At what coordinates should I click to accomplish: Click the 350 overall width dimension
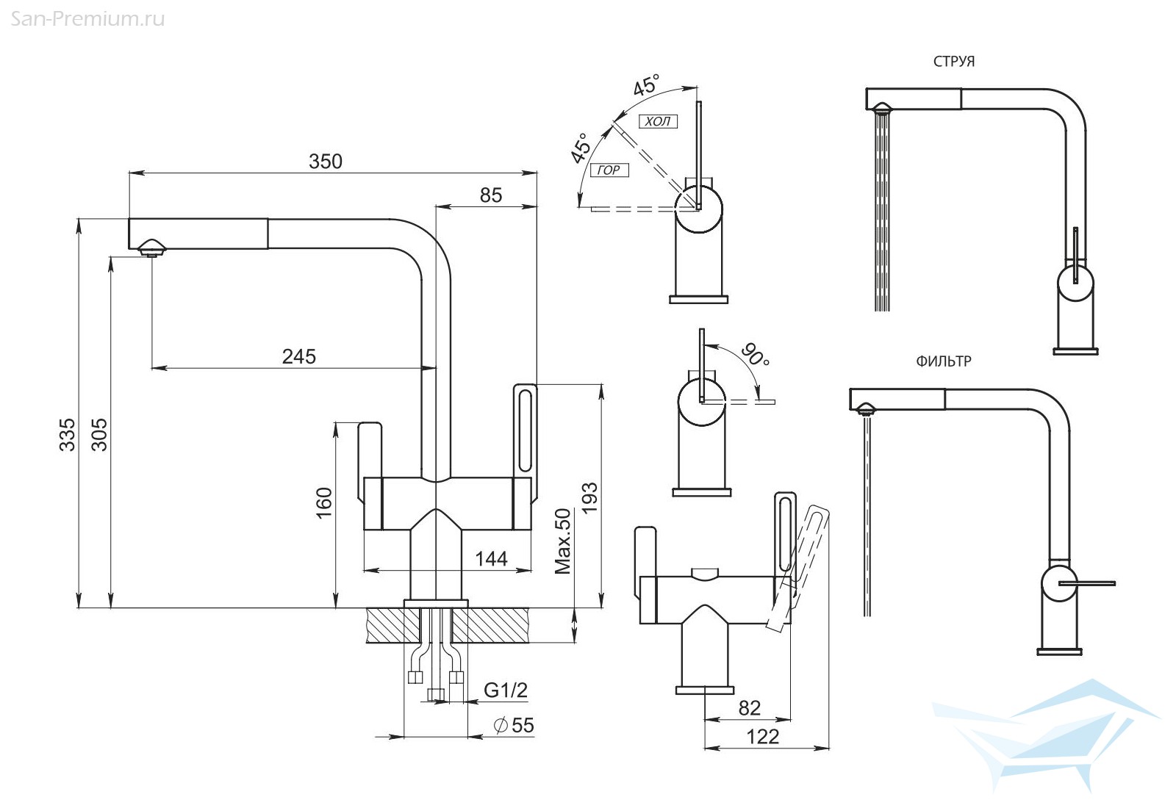pyautogui.click(x=326, y=161)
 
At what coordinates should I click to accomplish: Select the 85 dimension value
pyautogui.click(x=491, y=195)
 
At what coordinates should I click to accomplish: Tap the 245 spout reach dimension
pyautogui.click(x=299, y=357)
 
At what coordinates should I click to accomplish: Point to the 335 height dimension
pyautogui.click(x=67, y=434)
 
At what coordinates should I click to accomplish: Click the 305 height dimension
pyautogui.click(x=99, y=434)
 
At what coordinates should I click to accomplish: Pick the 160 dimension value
pyautogui.click(x=324, y=502)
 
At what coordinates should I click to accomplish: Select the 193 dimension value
pyautogui.click(x=589, y=497)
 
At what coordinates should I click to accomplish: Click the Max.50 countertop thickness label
pyautogui.click(x=563, y=541)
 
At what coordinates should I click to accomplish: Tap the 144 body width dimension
pyautogui.click(x=491, y=559)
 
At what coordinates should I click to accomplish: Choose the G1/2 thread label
pyautogui.click(x=506, y=690)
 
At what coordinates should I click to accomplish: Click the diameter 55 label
pyautogui.click(x=514, y=726)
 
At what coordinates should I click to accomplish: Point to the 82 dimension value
pyautogui.click(x=749, y=708)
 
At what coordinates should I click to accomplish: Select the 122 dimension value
pyautogui.click(x=763, y=737)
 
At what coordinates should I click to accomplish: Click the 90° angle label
pyautogui.click(x=756, y=356)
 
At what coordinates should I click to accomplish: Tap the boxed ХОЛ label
pyautogui.click(x=658, y=122)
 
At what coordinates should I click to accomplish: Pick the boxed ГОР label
pyautogui.click(x=609, y=170)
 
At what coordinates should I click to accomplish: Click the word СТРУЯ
pyautogui.click(x=954, y=62)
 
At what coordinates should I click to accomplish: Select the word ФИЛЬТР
pyautogui.click(x=944, y=361)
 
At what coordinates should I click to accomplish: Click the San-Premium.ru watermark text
pyautogui.click(x=87, y=19)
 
